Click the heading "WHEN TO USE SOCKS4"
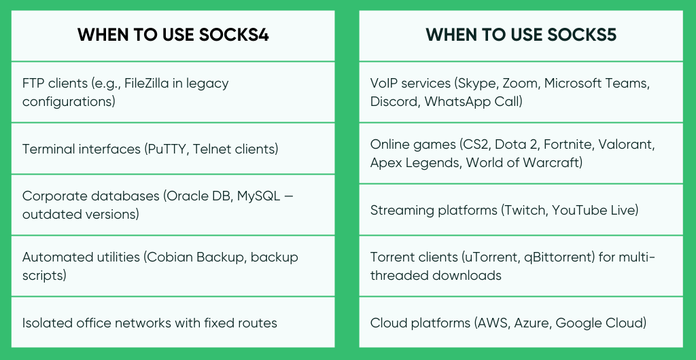pyautogui.click(x=173, y=35)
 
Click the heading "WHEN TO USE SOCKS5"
pyautogui.click(x=521, y=35)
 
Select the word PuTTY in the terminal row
pyautogui.click(x=165, y=149)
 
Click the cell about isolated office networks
pyautogui.click(x=150, y=323)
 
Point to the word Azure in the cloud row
pyautogui.click(x=530, y=323)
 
